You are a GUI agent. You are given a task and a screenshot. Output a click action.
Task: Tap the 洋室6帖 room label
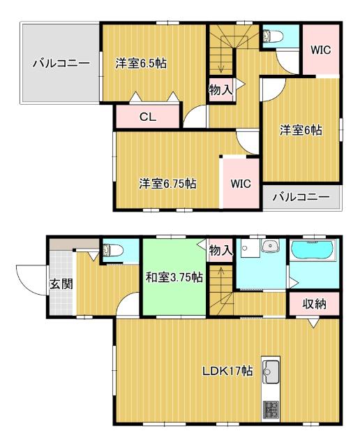coord(301,130)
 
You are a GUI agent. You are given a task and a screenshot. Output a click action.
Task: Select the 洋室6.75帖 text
coord(167,184)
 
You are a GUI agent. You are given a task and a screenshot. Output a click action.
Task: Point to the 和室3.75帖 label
coord(174,277)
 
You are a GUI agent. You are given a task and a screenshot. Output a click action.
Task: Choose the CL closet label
coord(147,117)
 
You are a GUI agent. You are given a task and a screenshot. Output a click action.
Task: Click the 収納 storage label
coord(313,305)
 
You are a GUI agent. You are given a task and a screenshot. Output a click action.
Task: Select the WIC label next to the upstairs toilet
coord(320,50)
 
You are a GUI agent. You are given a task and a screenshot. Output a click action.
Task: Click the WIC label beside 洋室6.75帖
coord(241,184)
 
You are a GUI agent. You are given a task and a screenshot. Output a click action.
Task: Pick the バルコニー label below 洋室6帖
coord(301,198)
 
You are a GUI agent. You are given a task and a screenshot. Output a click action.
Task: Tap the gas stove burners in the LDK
coord(270,409)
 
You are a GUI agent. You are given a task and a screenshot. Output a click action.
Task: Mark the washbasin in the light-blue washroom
coord(268,247)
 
